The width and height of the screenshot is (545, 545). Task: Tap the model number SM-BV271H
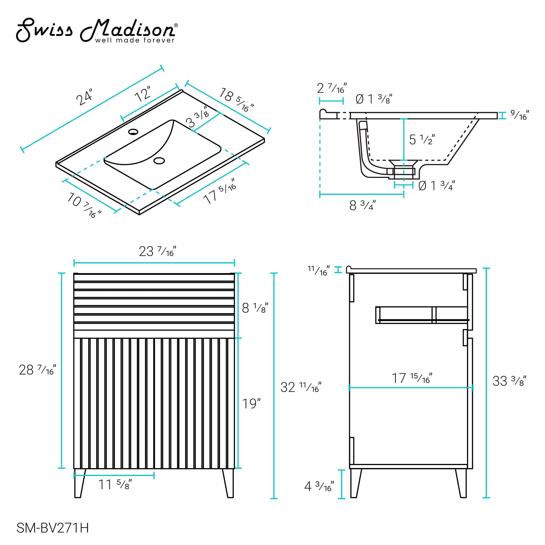[x=53, y=528]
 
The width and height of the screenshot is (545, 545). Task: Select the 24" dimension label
[x=84, y=97]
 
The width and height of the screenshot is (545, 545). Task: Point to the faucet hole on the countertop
[x=133, y=131]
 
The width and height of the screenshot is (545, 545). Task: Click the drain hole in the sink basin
[x=159, y=161]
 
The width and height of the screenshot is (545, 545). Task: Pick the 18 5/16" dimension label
[x=236, y=99]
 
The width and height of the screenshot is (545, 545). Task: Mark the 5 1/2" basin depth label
[x=421, y=139]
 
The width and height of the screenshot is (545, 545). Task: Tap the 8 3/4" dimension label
[x=362, y=205]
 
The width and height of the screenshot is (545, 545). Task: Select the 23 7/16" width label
[x=157, y=251]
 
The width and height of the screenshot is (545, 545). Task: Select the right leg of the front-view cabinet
[x=228, y=483]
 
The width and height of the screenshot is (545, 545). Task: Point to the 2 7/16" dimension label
[x=332, y=88]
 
